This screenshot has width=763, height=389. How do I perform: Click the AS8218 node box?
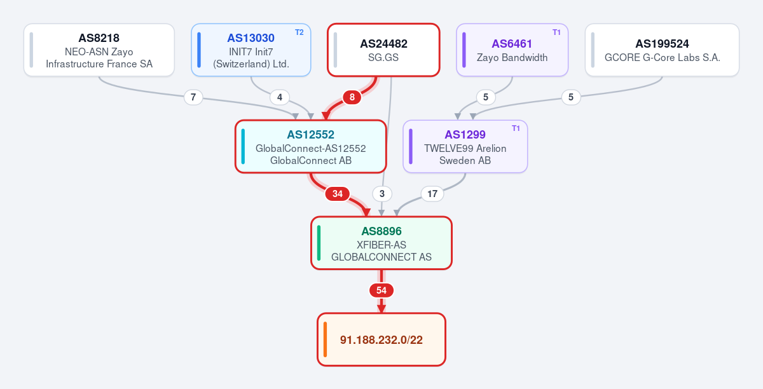tap(99, 50)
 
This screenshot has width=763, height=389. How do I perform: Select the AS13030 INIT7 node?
tap(251, 50)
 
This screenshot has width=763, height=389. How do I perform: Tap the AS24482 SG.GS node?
tap(383, 50)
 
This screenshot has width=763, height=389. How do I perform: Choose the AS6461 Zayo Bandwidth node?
tap(512, 50)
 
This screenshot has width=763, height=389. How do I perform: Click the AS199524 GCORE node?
tap(662, 50)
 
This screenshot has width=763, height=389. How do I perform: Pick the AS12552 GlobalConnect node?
tap(311, 146)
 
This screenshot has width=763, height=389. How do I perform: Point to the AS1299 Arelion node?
tap(465, 146)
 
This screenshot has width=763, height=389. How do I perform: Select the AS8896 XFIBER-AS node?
tap(381, 243)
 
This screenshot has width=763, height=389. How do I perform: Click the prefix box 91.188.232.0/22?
tap(381, 339)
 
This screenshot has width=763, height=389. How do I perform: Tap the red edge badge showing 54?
tap(381, 290)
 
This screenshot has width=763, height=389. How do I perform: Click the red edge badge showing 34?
tap(338, 194)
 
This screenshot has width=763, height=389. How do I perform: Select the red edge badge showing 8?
tap(352, 97)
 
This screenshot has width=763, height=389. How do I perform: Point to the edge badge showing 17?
tap(432, 194)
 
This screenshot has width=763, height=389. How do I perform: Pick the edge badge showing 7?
tap(193, 97)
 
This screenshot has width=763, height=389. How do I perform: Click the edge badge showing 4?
tap(280, 97)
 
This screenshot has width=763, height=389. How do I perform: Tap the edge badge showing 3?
tap(382, 194)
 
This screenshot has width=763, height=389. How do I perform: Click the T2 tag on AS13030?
tap(299, 32)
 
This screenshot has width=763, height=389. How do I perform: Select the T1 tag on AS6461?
tap(556, 32)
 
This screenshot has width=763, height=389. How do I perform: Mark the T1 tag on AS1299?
tap(516, 128)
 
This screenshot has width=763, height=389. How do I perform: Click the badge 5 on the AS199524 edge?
tap(571, 97)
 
